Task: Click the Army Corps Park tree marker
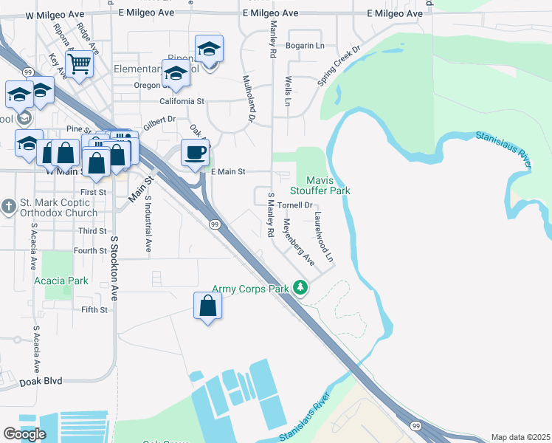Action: pos(300,287)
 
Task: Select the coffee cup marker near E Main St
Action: pos(196,153)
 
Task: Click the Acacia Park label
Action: pos(61,281)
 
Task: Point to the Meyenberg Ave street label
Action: pos(300,241)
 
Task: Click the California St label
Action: pos(182,101)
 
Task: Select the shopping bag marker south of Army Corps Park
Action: pos(208,305)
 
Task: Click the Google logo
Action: pos(25,434)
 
